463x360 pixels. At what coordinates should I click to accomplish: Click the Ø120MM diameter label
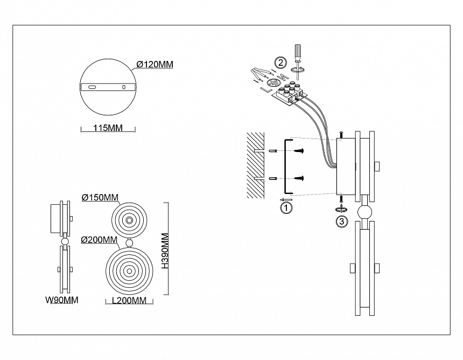click(155, 65)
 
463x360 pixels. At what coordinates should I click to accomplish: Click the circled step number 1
click(287, 206)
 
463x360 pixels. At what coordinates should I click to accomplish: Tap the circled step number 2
click(280, 61)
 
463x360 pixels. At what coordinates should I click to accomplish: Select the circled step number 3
click(341, 221)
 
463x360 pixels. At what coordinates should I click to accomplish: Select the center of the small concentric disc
click(129, 220)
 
